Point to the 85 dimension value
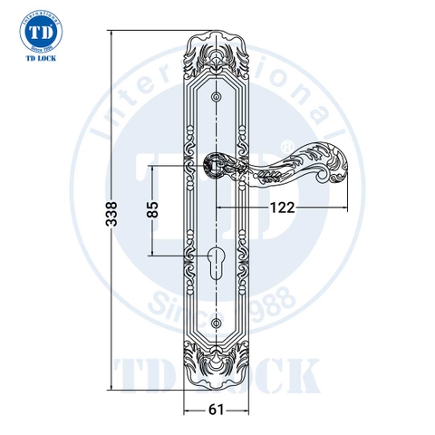point(153,210)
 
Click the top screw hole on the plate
point(217,97)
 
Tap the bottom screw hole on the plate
point(217,323)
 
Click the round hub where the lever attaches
point(217,166)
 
